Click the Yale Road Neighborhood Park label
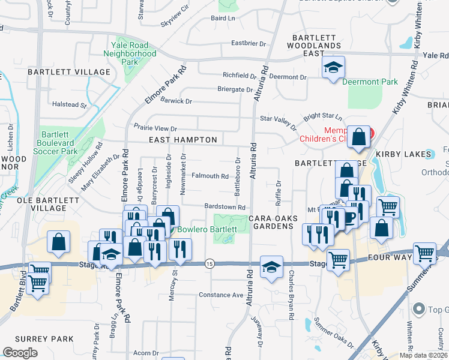click(x=133, y=53)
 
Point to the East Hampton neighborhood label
click(x=183, y=140)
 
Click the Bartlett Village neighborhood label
click(x=69, y=72)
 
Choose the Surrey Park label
click(x=37, y=339)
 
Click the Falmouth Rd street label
click(x=210, y=176)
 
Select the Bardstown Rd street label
click(x=226, y=207)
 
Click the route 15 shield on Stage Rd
click(x=209, y=263)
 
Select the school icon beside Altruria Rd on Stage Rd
click(x=271, y=267)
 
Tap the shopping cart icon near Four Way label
click(x=424, y=254)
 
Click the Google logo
click(x=20, y=353)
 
